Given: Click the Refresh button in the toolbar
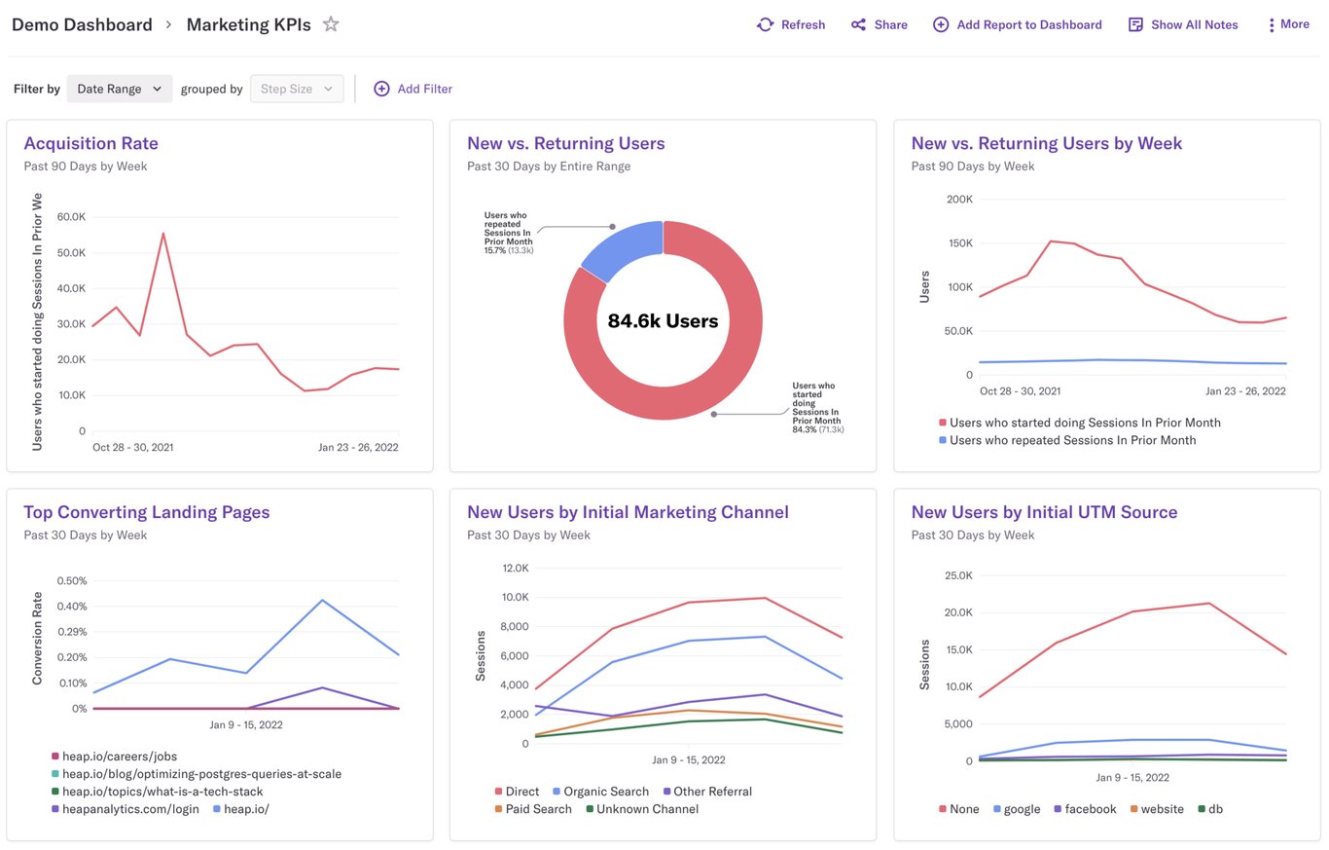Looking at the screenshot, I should [x=791, y=24].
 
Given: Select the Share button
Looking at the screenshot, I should [x=880, y=24].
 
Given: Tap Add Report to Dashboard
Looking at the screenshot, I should [x=1018, y=24].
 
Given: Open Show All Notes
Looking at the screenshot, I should [x=1183, y=24].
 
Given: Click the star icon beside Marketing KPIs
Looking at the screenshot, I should [x=331, y=24].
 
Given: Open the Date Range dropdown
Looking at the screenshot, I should [x=120, y=89].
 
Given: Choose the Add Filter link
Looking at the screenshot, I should [x=413, y=89].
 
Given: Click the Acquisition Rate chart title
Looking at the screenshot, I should [x=90, y=143].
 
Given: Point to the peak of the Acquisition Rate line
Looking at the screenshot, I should [x=162, y=233].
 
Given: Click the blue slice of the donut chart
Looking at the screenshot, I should [x=620, y=248].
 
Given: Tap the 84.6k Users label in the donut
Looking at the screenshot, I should [x=663, y=321].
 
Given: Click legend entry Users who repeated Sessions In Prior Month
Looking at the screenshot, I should [x=1072, y=440].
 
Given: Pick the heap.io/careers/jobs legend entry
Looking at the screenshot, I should [x=119, y=756].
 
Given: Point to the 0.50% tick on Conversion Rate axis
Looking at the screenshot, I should [x=71, y=580].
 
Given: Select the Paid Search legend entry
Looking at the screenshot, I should [x=538, y=809].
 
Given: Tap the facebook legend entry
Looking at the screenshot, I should [x=1090, y=809].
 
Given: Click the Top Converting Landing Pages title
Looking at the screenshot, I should [x=146, y=512].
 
